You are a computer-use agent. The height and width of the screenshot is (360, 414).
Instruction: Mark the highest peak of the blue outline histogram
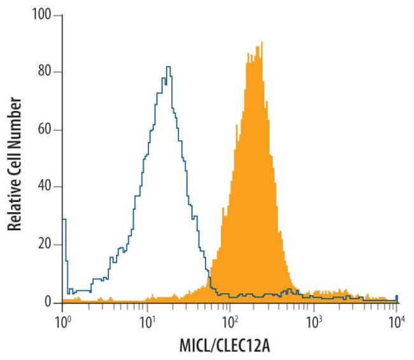[x=168, y=66]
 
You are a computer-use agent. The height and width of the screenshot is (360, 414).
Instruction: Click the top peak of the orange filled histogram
[x=261, y=43]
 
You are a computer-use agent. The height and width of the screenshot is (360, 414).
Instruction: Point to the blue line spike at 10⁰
[x=64, y=220]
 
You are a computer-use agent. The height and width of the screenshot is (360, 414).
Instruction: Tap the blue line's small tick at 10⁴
[x=396, y=296]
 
